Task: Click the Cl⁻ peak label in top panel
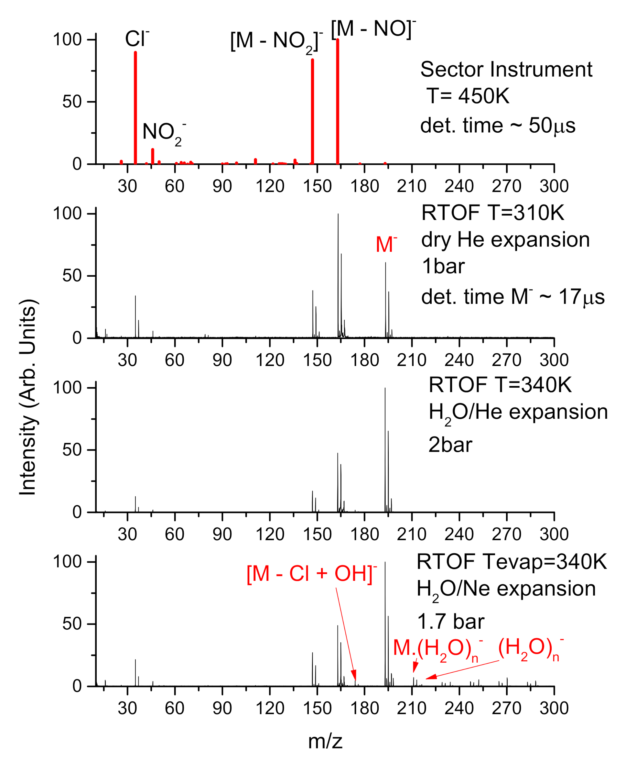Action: coord(137,39)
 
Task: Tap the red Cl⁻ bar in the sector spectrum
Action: coord(135,108)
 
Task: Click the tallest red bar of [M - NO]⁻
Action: coord(338,101)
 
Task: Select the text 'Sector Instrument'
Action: coord(506,69)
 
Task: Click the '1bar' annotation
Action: coord(443,266)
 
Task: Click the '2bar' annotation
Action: coord(450,445)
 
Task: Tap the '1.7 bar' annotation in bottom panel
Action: coord(450,621)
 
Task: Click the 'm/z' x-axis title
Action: coord(325,741)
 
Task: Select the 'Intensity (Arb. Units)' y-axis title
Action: coord(27,397)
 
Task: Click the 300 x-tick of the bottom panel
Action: coord(554,708)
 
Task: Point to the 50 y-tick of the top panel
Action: coord(72,102)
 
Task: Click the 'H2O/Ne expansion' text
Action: coord(506,589)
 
